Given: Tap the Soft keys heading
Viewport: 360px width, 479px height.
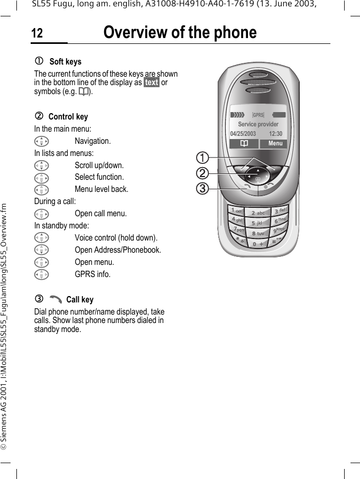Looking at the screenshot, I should tap(65, 62).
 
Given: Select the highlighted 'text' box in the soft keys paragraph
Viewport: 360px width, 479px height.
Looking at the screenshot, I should tap(152, 82).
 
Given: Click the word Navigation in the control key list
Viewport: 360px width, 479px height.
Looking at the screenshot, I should tap(93, 141).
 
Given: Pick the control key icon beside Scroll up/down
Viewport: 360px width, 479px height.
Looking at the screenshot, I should tap(40, 165).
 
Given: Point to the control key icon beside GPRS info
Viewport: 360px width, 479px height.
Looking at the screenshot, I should tap(40, 274).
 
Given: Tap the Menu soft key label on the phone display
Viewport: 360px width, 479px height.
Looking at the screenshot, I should tap(275, 144).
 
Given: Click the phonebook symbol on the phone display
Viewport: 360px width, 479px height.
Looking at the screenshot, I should tap(244, 144).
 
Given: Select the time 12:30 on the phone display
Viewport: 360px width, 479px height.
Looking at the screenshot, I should tap(275, 134).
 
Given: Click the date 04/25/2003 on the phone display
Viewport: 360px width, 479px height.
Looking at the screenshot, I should tap(243, 134).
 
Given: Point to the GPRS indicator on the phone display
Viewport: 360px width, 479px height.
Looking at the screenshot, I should tap(258, 115).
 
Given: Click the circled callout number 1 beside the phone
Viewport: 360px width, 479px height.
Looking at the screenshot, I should tap(201, 157).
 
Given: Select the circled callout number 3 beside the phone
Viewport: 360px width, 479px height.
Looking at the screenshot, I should tap(201, 187).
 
